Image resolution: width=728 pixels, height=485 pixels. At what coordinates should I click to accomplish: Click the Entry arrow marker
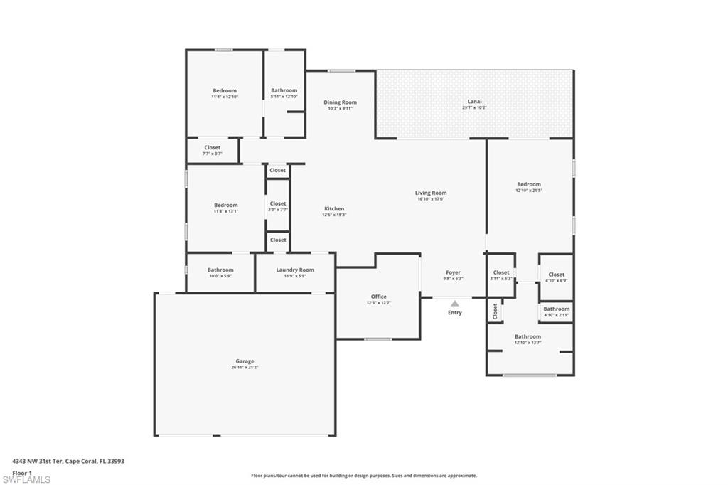pyautogui.click(x=454, y=304)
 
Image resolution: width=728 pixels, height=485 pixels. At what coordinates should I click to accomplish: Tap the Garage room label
pyautogui.click(x=245, y=361)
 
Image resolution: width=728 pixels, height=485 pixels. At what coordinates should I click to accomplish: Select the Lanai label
pyautogui.click(x=474, y=102)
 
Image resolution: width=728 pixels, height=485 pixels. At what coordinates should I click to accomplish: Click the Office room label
pyautogui.click(x=379, y=297)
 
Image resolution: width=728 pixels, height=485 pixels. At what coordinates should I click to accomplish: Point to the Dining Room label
pyautogui.click(x=340, y=102)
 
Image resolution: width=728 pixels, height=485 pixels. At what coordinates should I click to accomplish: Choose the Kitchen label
pyautogui.click(x=334, y=209)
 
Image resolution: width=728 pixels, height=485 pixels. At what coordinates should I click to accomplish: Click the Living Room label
pyautogui.click(x=431, y=193)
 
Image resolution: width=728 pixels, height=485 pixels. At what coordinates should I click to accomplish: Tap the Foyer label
pyautogui.click(x=453, y=272)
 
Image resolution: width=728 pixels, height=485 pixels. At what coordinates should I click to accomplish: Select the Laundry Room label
pyautogui.click(x=295, y=270)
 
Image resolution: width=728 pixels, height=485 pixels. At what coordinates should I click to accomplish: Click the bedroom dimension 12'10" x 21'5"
pyautogui.click(x=528, y=191)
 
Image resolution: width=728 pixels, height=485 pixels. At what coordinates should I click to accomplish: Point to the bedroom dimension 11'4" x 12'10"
pyautogui.click(x=225, y=97)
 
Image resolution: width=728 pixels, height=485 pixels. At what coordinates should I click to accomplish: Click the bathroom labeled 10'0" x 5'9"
pyautogui.click(x=220, y=276)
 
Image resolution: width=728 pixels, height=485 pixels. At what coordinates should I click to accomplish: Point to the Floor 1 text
pyautogui.click(x=22, y=472)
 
